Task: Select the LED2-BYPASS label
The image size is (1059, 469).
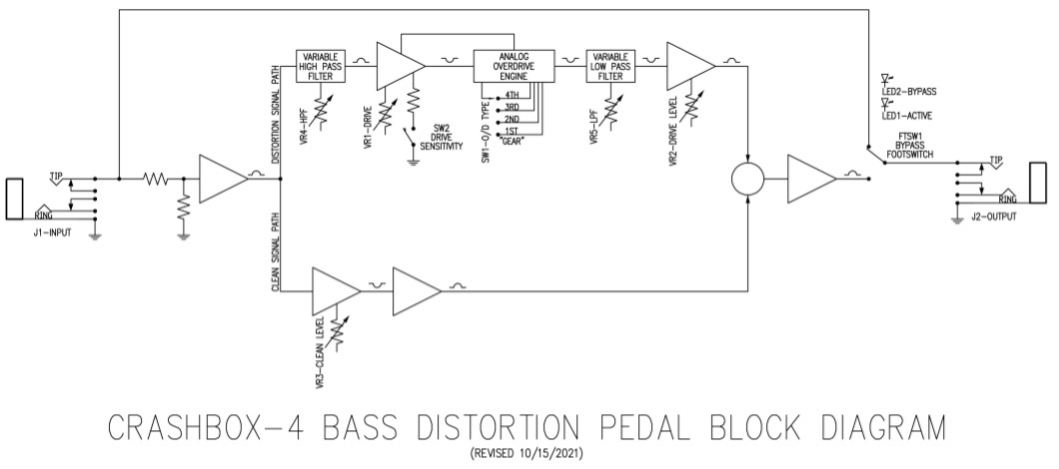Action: pos(909,91)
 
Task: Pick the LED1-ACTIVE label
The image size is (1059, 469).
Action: pos(907,116)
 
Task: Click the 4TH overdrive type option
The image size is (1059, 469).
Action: pos(512,95)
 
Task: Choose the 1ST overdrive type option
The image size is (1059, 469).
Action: pos(512,131)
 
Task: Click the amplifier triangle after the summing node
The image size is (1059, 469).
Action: pos(812,179)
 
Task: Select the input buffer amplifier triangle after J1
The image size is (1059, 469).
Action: pos(224,179)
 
